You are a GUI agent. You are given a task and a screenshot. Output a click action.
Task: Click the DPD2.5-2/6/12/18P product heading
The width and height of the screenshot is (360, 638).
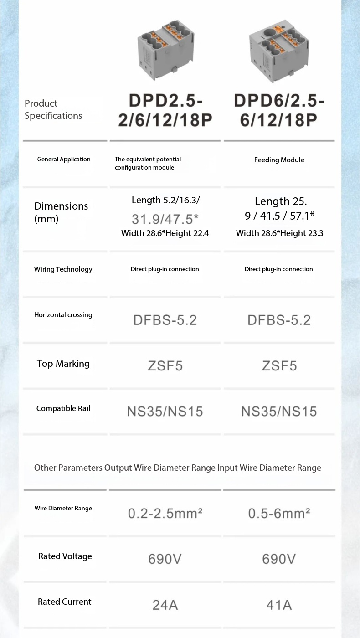165,110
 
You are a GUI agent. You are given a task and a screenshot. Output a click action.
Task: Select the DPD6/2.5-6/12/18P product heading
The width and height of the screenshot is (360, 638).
279,110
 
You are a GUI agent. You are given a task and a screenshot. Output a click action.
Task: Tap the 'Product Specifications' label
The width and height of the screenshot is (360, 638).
53,109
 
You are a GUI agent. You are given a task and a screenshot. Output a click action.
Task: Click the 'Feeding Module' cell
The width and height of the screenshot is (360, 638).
279,159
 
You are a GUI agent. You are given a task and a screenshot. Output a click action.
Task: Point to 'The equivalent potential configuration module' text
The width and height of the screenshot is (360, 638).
148,163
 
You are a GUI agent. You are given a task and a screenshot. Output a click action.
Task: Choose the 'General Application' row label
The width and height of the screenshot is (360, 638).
64,159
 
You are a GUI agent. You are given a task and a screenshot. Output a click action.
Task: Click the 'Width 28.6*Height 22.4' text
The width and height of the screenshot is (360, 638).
165,233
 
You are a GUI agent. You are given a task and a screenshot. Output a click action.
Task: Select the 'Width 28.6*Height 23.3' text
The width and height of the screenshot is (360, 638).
279,233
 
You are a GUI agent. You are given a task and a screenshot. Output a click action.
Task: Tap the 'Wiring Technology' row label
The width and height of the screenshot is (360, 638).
63,269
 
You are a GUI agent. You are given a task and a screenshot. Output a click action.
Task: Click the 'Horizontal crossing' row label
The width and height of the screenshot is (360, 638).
63,314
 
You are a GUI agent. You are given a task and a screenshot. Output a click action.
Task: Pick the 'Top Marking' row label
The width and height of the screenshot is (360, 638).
63,363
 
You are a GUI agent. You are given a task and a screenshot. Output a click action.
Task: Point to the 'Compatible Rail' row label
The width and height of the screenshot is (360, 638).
63,408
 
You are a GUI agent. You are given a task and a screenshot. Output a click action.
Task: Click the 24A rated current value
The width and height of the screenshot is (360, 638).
165,605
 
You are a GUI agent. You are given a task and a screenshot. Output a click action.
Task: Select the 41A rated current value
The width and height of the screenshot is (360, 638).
279,605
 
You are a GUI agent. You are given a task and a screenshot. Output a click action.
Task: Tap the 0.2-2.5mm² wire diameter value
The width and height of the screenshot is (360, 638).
165,514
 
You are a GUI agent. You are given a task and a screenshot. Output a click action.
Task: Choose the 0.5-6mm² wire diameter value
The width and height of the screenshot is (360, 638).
279,514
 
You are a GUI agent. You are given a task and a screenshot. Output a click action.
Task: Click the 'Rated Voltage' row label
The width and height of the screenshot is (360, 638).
65,556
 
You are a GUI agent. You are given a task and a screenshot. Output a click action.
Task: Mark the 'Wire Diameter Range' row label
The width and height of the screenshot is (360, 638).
63,508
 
